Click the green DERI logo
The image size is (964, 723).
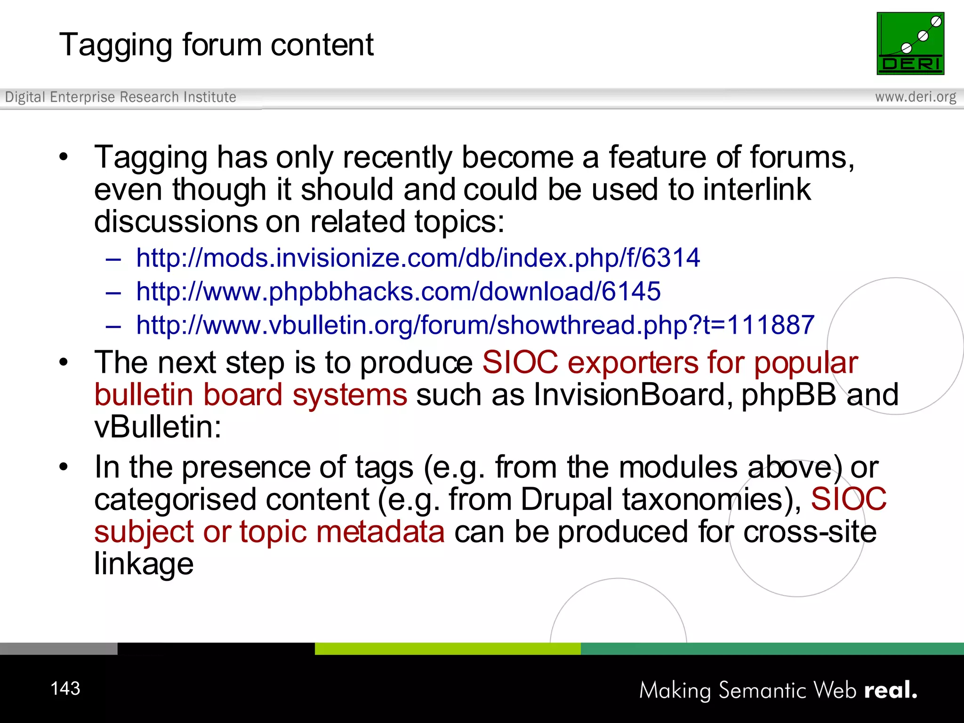click(x=910, y=43)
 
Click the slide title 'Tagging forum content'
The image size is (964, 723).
click(x=216, y=45)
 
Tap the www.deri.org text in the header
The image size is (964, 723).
click(x=915, y=97)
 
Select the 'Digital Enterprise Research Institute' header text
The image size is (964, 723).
click(x=120, y=97)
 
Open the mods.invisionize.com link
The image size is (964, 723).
click(x=418, y=258)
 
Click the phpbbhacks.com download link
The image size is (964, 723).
click(x=398, y=291)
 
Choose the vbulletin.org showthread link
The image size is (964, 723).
click(x=475, y=325)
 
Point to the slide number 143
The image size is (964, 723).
click(x=65, y=689)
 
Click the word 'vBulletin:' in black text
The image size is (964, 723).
click(x=158, y=427)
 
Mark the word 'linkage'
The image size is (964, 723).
click(x=144, y=564)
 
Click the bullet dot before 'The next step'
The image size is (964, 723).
click(x=64, y=362)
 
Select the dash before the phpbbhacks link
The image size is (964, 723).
click(x=113, y=292)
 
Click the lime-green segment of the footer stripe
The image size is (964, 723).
click(x=447, y=649)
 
